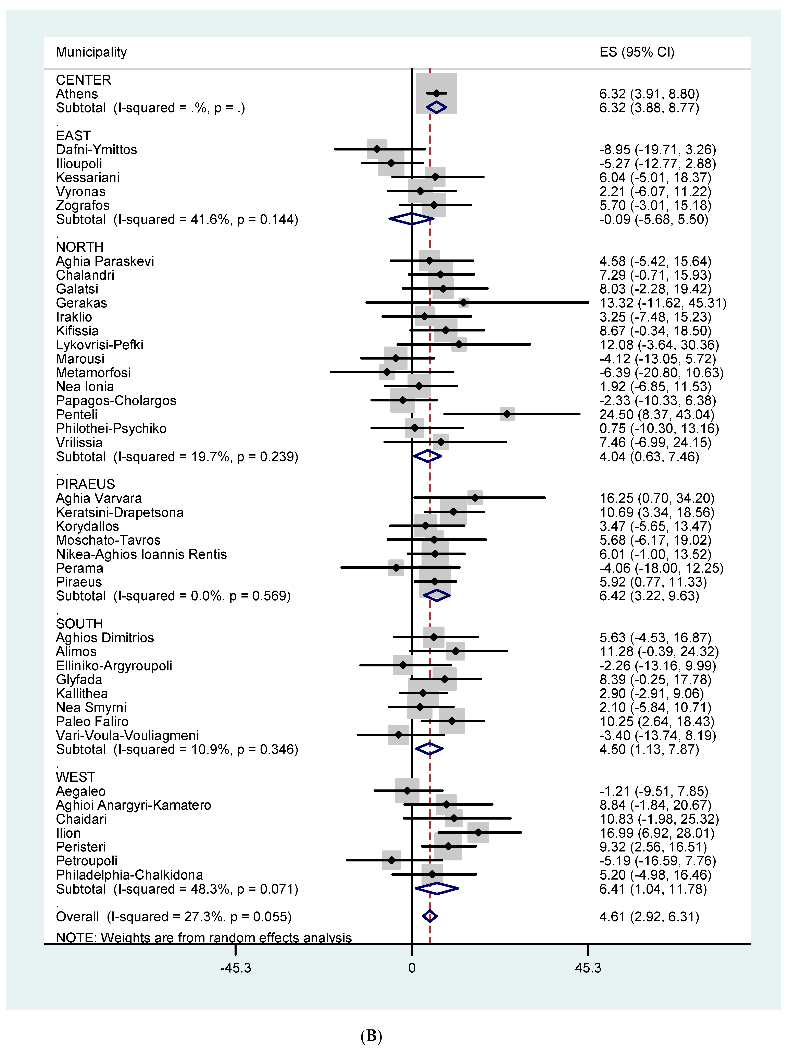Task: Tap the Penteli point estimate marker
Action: pos(507,414)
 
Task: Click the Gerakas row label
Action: pos(81,303)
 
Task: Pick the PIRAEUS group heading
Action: pos(86,484)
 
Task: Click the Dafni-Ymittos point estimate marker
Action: pos(377,149)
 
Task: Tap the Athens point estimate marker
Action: pos(436,94)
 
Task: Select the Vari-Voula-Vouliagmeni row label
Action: pos(127,735)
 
